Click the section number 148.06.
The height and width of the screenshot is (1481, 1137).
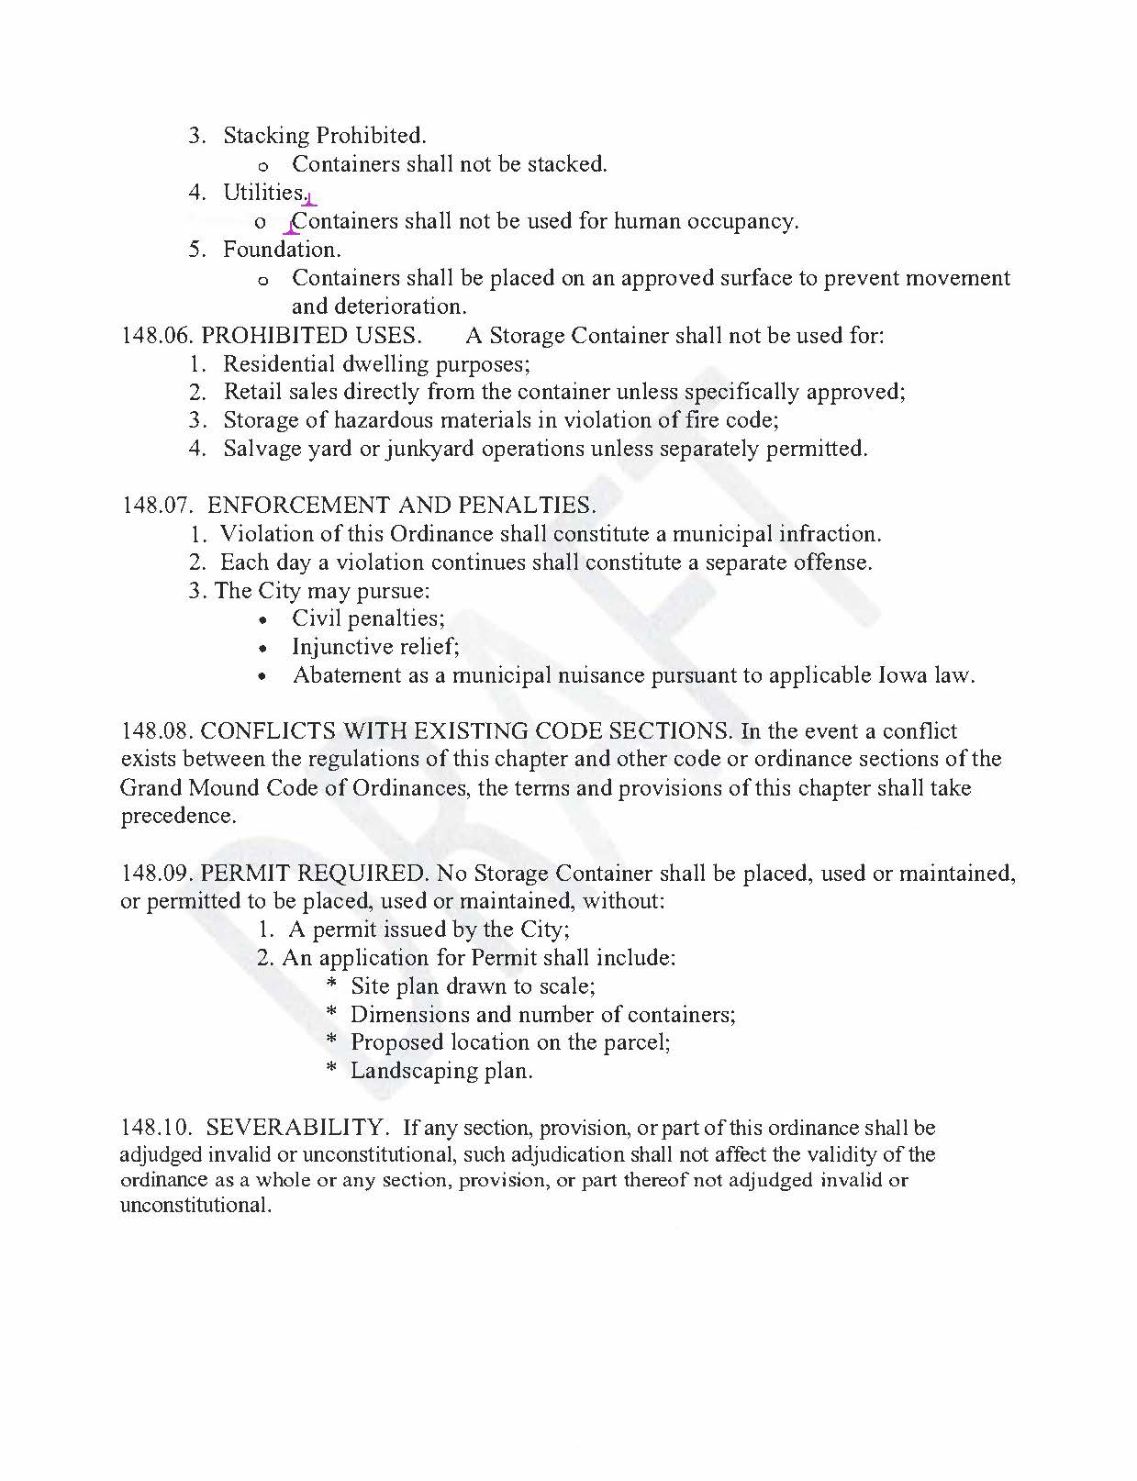coord(157,336)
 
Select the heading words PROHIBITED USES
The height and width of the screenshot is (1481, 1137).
coord(311,336)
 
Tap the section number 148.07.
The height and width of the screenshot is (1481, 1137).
coord(157,506)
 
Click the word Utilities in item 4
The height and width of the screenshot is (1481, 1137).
coord(263,193)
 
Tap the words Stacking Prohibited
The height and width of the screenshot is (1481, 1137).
coord(325,136)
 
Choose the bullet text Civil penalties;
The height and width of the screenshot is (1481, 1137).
coord(368,618)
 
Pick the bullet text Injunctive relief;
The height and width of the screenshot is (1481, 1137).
coord(375,647)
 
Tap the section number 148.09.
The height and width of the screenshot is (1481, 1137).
coord(157,874)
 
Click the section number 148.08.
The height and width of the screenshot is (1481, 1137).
coord(157,732)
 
